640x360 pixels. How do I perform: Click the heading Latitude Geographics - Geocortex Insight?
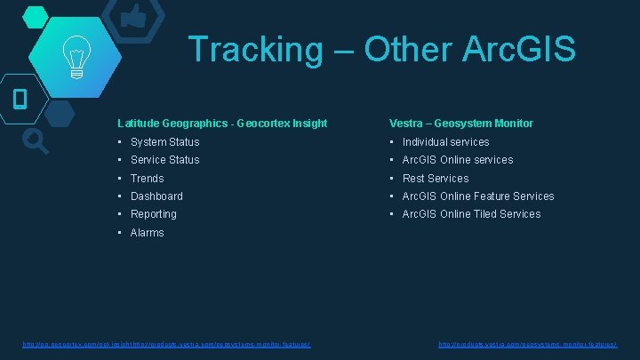point(222,124)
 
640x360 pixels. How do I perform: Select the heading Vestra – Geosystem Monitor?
point(460,124)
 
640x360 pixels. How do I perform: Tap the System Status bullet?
point(164,142)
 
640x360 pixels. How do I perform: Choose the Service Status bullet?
point(164,160)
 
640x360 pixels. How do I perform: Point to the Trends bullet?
point(147,179)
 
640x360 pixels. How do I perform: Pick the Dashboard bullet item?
point(156,196)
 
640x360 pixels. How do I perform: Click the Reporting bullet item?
point(153,214)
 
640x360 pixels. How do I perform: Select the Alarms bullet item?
point(147,233)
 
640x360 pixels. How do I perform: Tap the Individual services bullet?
point(445,142)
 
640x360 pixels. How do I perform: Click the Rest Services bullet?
point(436,179)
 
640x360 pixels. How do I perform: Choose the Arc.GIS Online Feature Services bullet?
point(477,196)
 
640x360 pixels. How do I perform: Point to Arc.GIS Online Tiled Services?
point(471,214)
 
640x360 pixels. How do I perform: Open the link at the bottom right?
point(528,344)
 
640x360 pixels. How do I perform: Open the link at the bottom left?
point(166,344)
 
